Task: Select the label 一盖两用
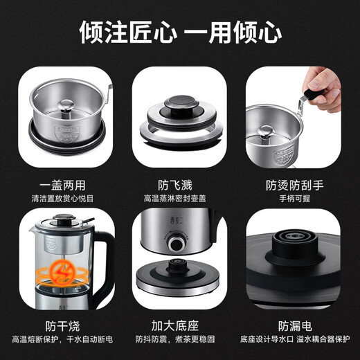tap(62, 186)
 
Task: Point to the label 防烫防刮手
tap(298, 186)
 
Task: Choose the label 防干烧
tap(62, 325)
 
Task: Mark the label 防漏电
tap(298, 325)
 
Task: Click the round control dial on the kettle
tap(178, 244)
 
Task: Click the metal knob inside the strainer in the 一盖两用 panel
tap(60, 104)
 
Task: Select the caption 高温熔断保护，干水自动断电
tap(62, 339)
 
